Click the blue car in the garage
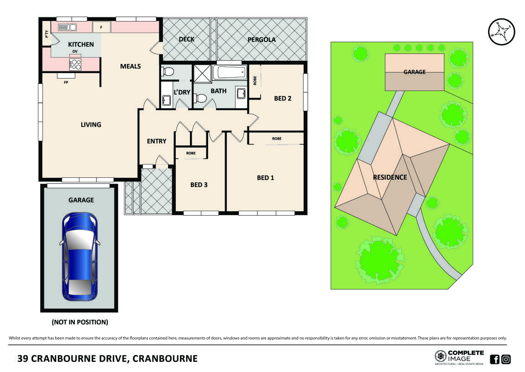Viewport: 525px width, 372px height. [79, 256]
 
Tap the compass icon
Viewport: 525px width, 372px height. [501, 32]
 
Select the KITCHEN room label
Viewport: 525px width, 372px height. [81, 44]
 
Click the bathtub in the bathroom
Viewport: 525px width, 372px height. [231, 73]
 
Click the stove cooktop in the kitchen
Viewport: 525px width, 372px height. [75, 64]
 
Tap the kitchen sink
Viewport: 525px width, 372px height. [67, 27]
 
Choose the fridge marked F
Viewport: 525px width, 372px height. [101, 27]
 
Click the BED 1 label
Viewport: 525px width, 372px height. [265, 178]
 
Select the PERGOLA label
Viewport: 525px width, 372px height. [262, 40]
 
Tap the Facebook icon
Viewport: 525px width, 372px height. [494, 359]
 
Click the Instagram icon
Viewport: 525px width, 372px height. [506, 359]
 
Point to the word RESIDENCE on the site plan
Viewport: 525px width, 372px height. [389, 177]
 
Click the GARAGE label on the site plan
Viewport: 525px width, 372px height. [414, 72]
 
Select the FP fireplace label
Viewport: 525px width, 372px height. [66, 83]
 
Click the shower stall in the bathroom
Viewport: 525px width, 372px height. [201, 73]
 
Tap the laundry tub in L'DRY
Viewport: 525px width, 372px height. [166, 101]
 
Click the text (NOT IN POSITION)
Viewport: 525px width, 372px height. [80, 322]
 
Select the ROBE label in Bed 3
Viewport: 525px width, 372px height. [191, 153]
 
